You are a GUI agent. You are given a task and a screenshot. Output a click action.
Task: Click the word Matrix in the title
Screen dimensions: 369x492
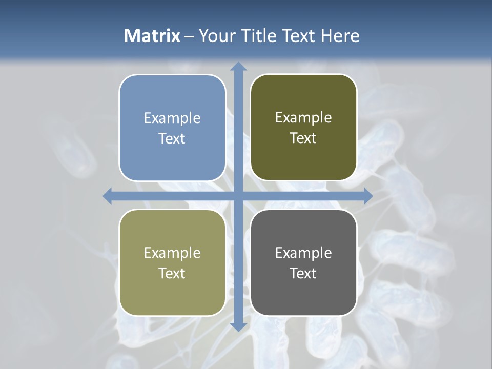pos(152,36)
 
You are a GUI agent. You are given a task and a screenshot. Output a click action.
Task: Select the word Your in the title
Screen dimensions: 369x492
pos(215,36)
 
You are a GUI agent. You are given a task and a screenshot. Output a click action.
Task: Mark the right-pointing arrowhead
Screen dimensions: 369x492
pos(367,196)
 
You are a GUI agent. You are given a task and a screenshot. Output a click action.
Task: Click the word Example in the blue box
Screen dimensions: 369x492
pos(172,118)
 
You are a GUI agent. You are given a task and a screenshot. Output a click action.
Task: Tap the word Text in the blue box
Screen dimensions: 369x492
pos(172,138)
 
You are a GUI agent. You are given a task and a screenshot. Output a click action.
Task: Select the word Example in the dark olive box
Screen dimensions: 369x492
pos(303,118)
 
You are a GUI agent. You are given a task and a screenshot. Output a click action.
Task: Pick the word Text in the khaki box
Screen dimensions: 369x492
pos(172,273)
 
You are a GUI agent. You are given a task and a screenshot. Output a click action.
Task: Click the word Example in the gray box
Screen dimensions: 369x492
pos(303,253)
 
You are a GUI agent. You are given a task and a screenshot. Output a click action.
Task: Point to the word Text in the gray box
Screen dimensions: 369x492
pos(303,273)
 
